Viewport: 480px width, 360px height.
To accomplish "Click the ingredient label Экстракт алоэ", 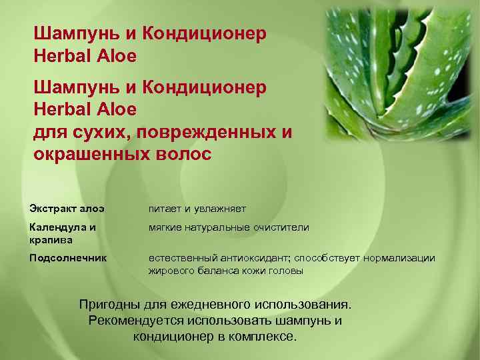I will tap(66, 209).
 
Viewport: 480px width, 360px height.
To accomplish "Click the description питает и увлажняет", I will tap(197, 209).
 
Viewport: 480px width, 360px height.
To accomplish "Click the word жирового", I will tap(168, 271).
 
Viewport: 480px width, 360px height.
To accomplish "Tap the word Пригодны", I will tap(109, 305).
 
